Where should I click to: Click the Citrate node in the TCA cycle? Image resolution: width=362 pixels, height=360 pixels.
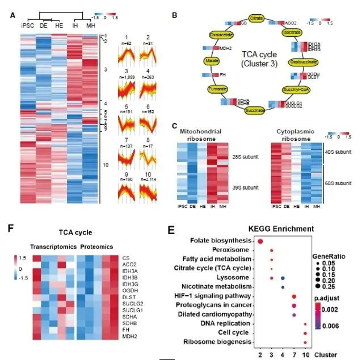257,19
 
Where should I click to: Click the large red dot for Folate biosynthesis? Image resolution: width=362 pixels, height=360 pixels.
260,242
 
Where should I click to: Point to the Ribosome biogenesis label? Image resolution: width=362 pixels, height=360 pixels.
218,342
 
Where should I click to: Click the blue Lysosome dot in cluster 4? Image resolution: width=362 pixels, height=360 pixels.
283,278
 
